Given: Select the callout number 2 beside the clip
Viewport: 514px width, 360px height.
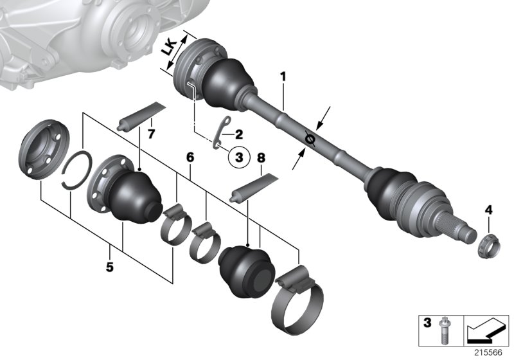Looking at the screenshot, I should click(238, 135).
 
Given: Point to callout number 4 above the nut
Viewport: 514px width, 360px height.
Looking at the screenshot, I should click(488, 210).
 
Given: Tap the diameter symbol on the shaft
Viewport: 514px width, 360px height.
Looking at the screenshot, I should click(309, 138).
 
